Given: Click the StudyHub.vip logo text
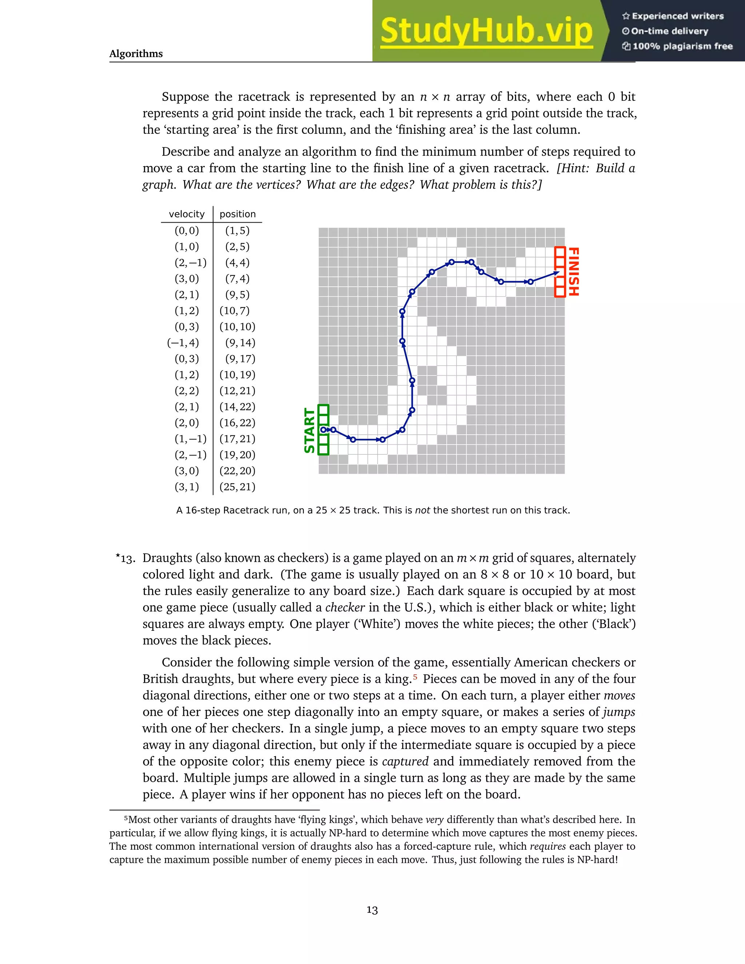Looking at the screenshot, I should pyautogui.click(x=486, y=31).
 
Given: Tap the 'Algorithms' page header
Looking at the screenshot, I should pyautogui.click(x=136, y=53).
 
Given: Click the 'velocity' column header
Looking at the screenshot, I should pyautogui.click(x=187, y=214).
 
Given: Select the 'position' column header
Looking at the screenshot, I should pyautogui.click(x=238, y=214).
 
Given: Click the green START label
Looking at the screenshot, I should pyautogui.click(x=310, y=430).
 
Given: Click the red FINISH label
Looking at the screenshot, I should pyautogui.click(x=573, y=271).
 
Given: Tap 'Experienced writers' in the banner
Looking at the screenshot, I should pyautogui.click(x=677, y=16).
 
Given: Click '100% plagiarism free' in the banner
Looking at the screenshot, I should pyautogui.click(x=682, y=46).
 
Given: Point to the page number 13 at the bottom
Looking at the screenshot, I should pyautogui.click(x=372, y=910).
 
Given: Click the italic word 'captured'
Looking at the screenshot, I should pyautogui.click(x=405, y=761).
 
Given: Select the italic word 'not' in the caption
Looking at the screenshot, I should pyautogui.click(x=422, y=510).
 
